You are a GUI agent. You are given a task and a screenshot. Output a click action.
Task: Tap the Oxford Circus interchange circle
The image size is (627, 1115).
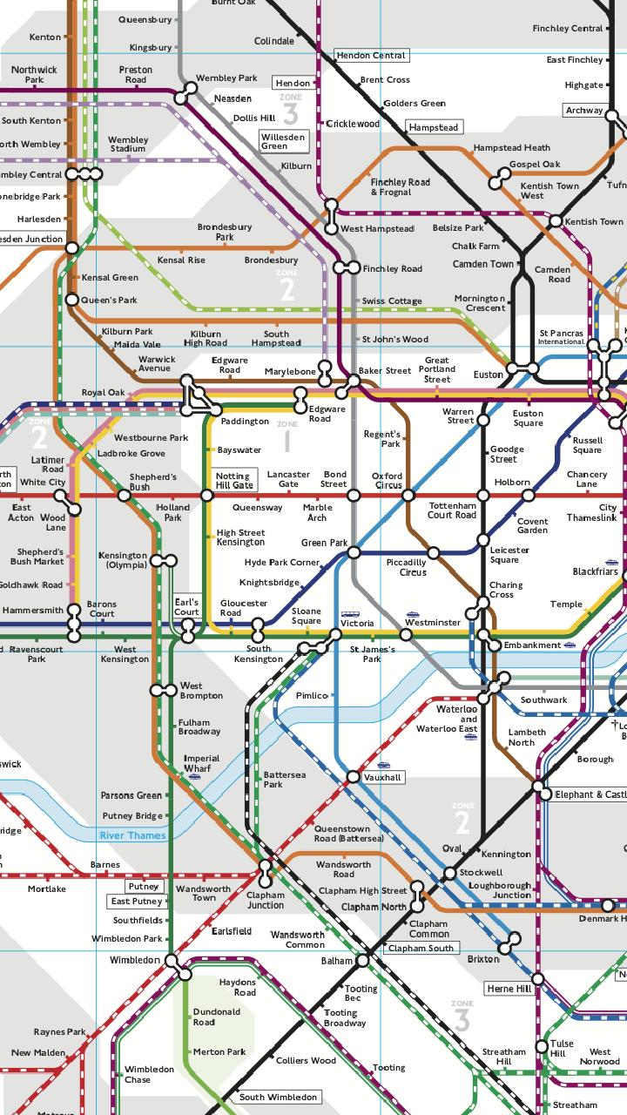coord(408,496)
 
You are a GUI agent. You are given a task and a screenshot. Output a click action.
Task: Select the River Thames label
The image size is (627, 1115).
coord(132,835)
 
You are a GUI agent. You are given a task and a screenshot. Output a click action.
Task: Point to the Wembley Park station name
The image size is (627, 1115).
coord(226,78)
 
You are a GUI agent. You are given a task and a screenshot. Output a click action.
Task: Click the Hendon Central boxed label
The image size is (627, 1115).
coord(371,55)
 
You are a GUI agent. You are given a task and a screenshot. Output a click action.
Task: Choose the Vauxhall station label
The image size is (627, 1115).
coord(383,776)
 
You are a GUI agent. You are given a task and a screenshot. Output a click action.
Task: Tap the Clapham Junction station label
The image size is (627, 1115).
coord(265,900)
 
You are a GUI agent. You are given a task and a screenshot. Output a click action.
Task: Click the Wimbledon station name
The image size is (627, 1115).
coord(135,960)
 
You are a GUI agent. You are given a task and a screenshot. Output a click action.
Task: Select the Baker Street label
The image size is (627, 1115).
coord(386,371)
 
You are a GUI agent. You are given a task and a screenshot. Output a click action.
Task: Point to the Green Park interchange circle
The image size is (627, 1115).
coord(354,552)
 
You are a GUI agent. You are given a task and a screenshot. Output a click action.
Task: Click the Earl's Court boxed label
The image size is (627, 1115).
coord(186,606)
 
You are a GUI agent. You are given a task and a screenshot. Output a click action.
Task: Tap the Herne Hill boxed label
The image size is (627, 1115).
coord(509,989)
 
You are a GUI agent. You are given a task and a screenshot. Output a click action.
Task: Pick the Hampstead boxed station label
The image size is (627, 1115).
coord(434,127)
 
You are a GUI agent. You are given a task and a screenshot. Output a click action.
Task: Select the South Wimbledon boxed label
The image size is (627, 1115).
coord(278,1097)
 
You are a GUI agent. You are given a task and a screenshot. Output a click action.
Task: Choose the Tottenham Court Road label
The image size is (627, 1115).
coord(452,510)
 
